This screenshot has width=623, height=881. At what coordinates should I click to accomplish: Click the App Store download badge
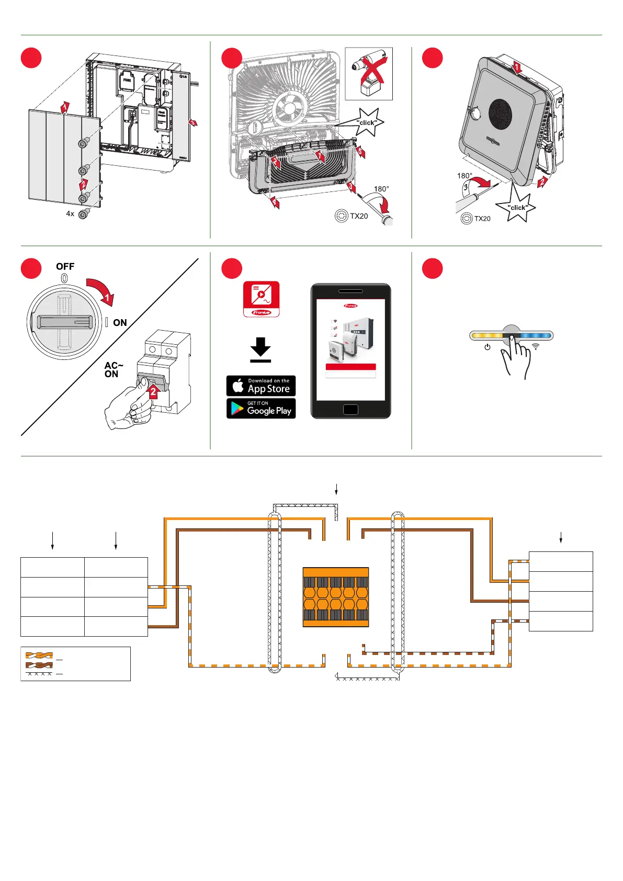[261, 386]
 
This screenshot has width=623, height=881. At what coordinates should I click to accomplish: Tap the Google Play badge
[261, 409]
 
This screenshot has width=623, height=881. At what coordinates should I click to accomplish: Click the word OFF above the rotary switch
[65, 267]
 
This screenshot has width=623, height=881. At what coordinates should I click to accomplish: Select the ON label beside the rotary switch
[120, 323]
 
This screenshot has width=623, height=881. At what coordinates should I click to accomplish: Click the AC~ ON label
[113, 370]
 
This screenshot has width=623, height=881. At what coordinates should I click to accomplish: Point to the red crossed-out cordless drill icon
[369, 74]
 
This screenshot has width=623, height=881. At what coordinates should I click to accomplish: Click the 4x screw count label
[70, 214]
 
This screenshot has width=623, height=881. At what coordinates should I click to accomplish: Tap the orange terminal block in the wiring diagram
[336, 597]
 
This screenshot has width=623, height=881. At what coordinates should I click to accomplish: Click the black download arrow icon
[260, 349]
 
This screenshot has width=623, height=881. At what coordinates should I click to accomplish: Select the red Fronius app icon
[261, 299]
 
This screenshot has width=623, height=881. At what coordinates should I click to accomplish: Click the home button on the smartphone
[350, 410]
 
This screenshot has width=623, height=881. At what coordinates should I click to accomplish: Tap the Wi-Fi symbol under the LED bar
[536, 347]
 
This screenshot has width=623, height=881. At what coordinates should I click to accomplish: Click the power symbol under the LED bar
[488, 347]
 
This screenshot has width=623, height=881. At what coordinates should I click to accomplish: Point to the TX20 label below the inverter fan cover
[359, 216]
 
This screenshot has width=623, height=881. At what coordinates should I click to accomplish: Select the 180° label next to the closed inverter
[465, 176]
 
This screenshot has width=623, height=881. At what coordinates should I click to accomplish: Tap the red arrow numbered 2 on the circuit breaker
[153, 390]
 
